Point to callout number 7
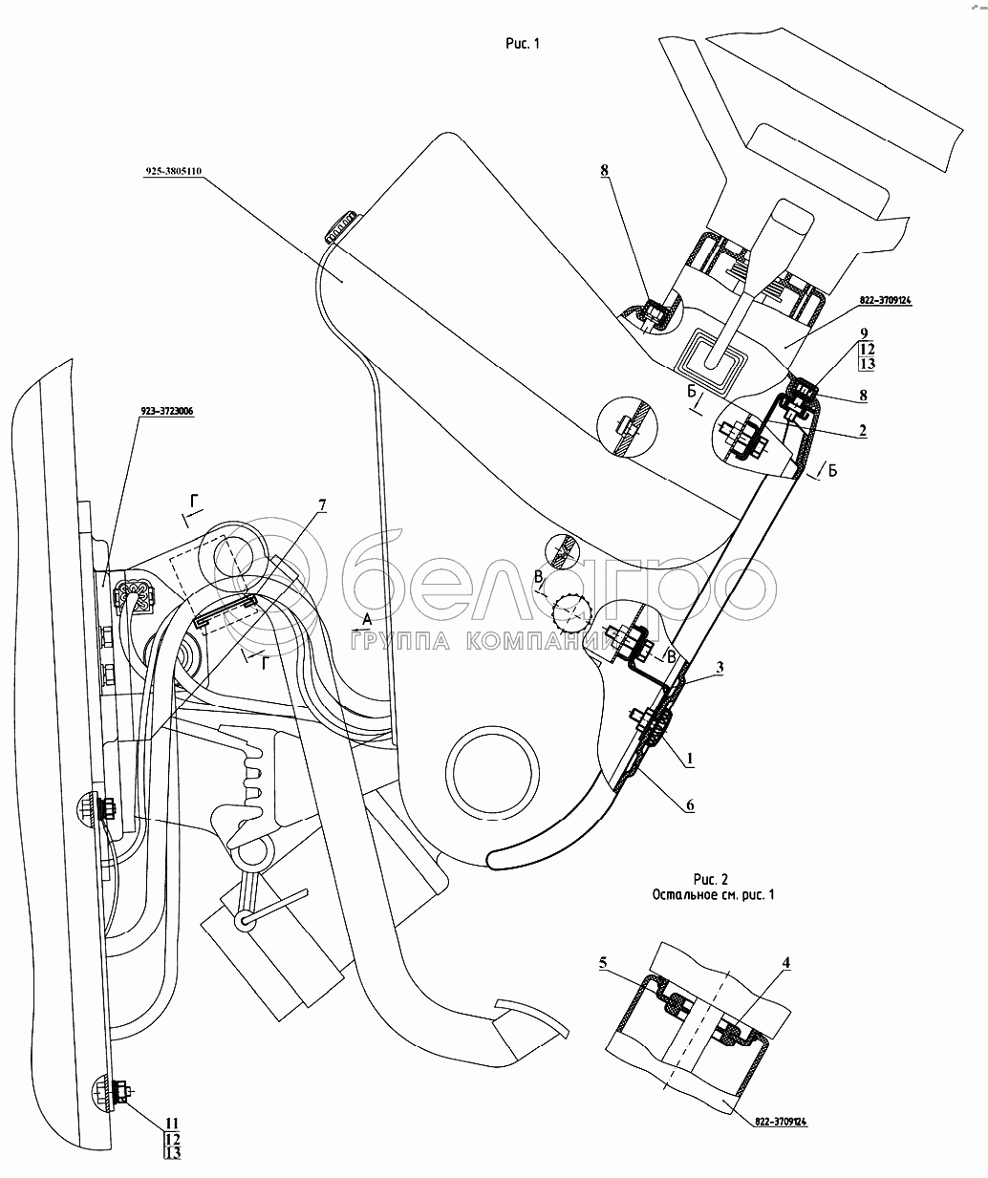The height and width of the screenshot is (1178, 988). [x=322, y=503]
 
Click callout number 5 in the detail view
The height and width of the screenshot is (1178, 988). [x=603, y=964]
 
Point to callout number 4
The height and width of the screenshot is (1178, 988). [x=785, y=964]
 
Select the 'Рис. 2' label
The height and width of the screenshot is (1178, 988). [x=711, y=877]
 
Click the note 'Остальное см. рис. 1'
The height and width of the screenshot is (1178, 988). [x=712, y=894]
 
